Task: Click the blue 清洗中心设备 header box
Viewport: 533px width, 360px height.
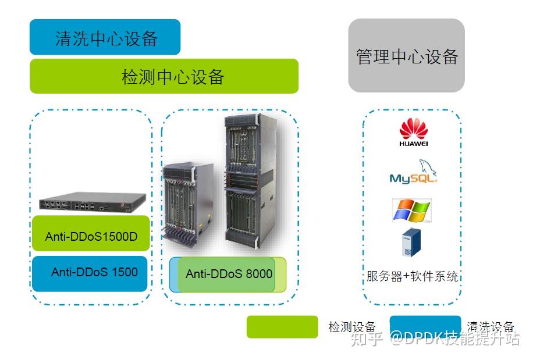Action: point(105,37)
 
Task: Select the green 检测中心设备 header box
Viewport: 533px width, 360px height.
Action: point(164,76)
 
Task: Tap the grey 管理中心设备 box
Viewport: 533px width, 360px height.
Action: point(406,56)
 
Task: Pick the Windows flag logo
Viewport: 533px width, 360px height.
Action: point(411,210)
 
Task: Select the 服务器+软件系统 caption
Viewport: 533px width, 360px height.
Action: point(412,276)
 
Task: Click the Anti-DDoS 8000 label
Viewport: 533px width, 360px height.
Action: point(229,273)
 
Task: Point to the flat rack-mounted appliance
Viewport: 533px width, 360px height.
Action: point(91,202)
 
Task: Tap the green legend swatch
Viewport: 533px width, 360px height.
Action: point(282,327)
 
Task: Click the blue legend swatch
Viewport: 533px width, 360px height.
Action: point(425,327)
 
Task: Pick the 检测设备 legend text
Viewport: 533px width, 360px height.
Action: point(351,327)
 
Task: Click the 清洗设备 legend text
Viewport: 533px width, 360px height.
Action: point(491,326)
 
